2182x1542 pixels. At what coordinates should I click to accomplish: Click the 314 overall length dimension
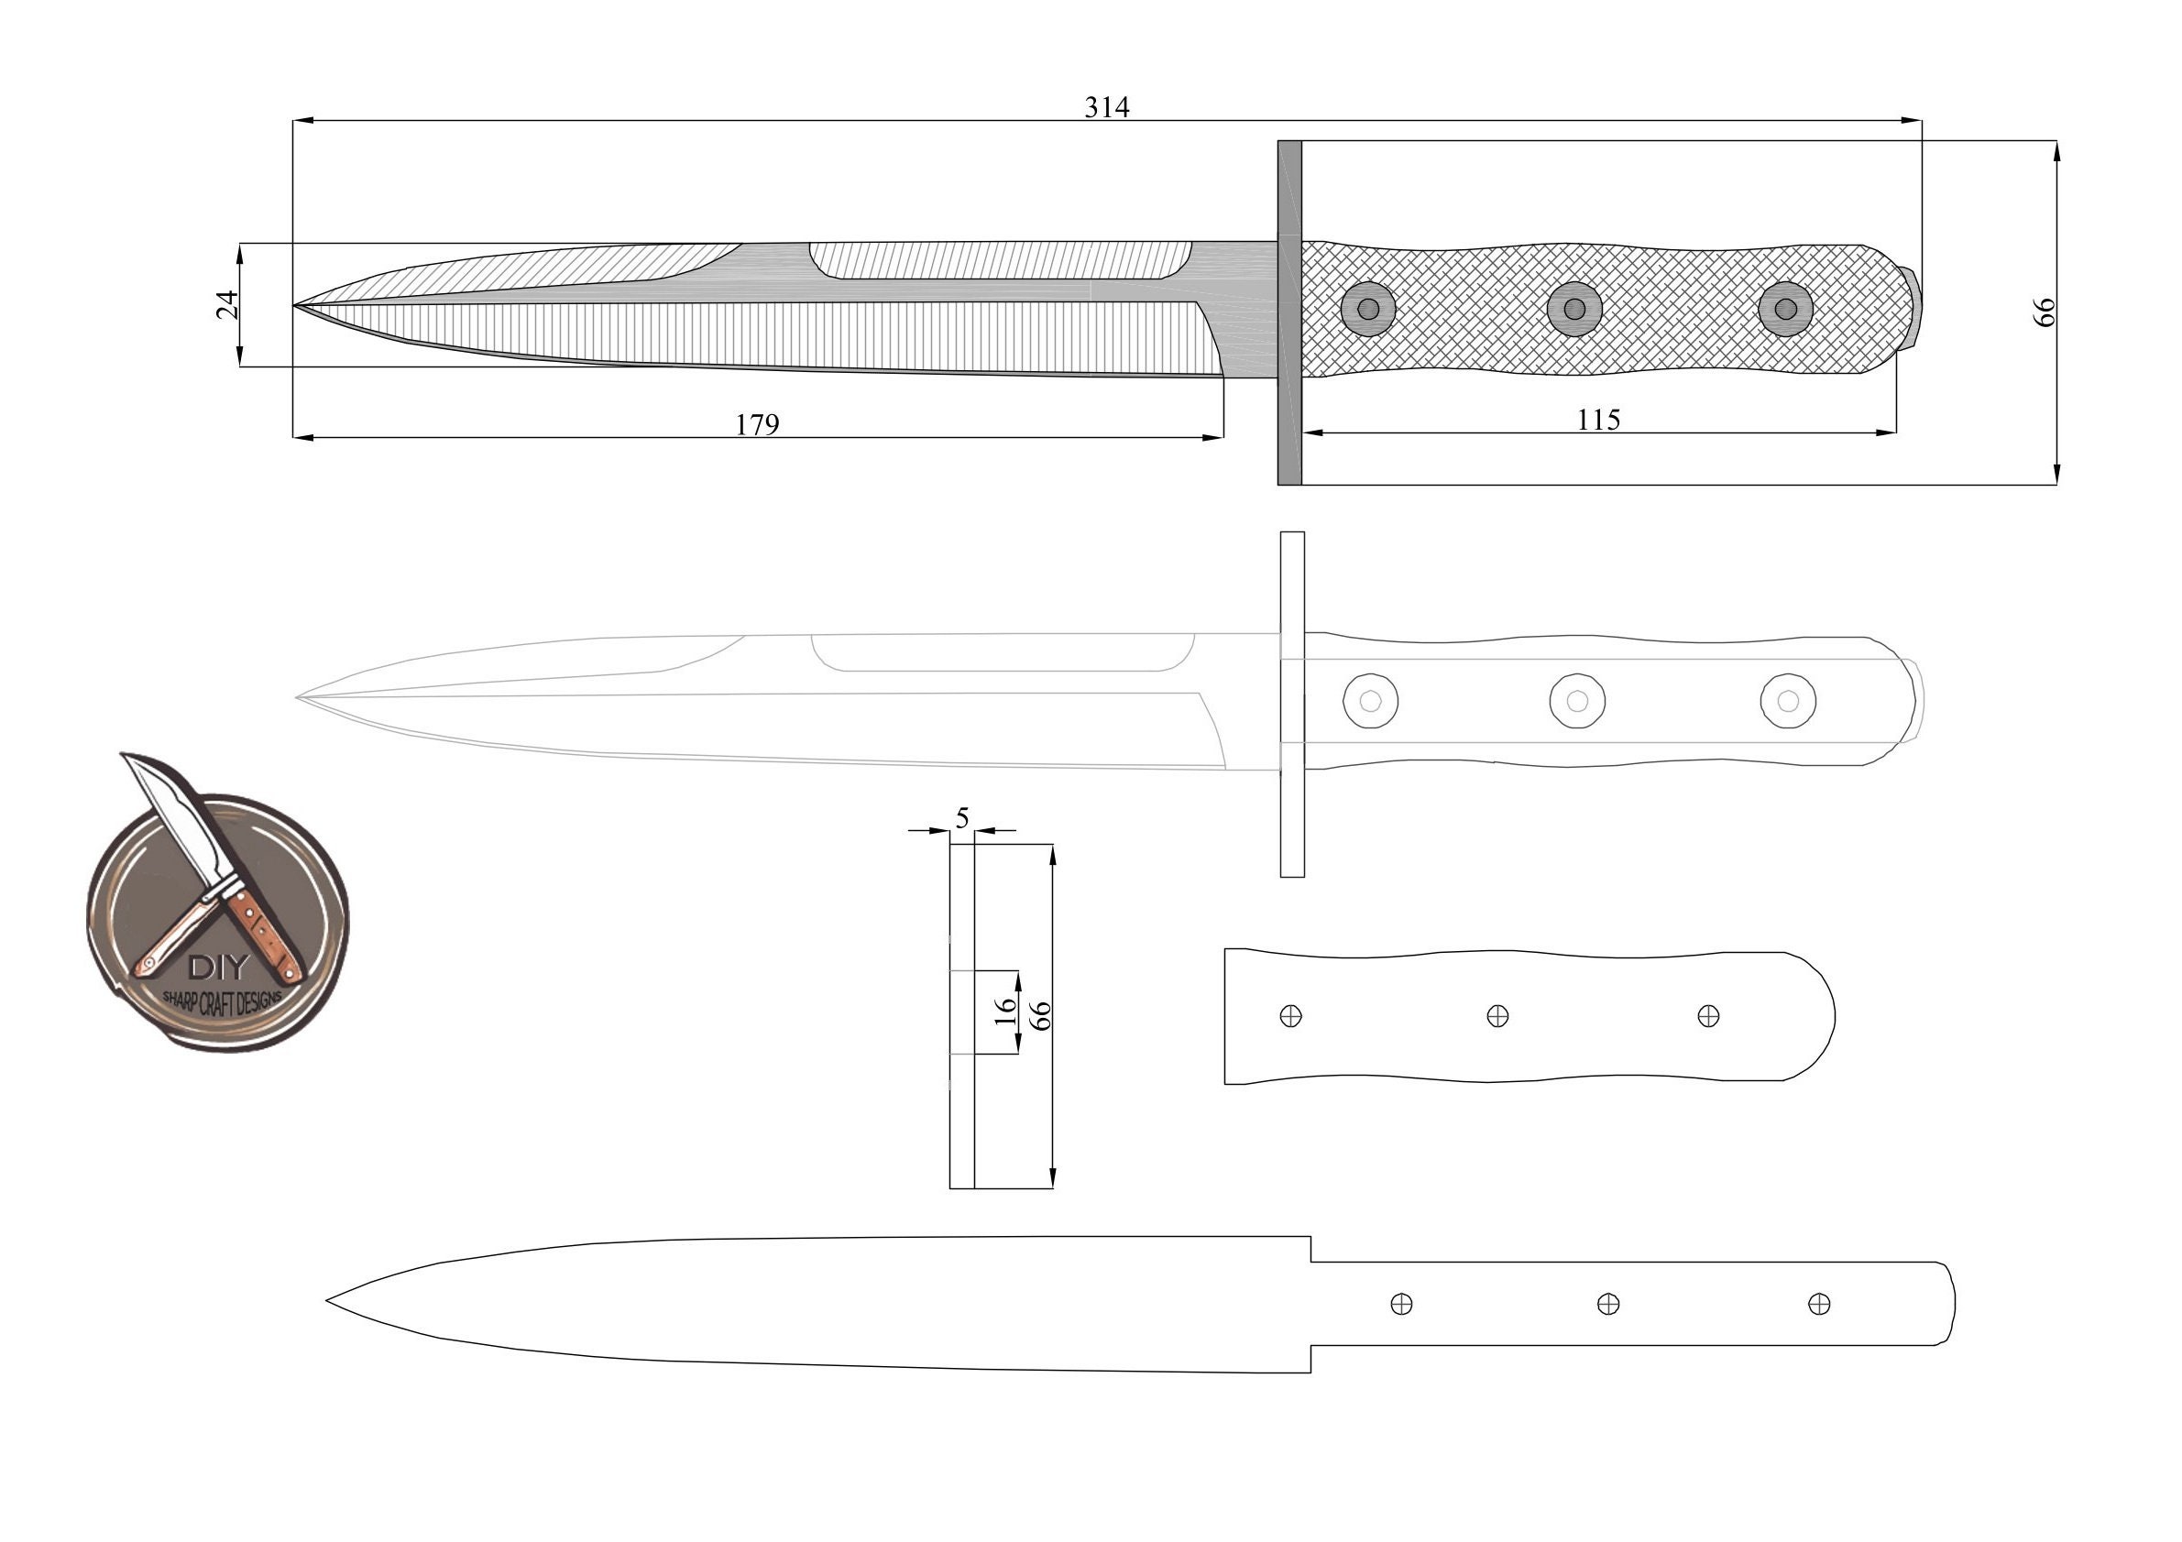point(1106,107)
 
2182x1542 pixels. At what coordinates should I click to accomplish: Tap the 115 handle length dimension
point(1597,419)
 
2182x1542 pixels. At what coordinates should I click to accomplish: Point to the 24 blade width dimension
point(226,305)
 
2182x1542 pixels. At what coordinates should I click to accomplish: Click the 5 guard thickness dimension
point(961,817)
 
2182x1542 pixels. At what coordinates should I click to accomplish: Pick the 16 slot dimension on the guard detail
point(1004,1010)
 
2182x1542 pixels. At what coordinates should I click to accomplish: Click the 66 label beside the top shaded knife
point(2045,312)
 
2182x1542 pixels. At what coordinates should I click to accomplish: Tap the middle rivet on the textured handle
point(1573,309)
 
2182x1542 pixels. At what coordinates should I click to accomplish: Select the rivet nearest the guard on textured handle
point(1368,309)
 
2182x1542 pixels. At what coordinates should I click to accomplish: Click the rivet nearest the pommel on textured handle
point(1785,309)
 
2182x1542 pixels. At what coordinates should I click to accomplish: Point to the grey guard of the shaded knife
point(1288,313)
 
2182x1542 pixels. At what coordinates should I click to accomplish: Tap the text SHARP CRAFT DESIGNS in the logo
point(223,1001)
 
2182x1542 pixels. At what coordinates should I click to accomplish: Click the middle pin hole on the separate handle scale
point(1497,1016)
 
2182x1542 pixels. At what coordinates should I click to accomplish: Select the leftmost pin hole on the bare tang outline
point(1401,1304)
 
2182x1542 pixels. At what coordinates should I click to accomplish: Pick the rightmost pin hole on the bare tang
point(1818,1304)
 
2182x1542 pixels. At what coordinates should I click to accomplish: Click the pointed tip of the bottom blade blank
point(330,1300)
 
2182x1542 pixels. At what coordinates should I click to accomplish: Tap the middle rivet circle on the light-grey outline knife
point(1576,701)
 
